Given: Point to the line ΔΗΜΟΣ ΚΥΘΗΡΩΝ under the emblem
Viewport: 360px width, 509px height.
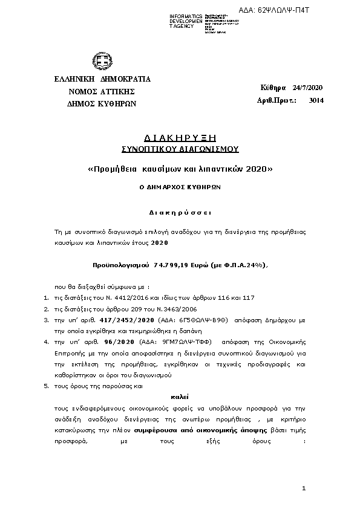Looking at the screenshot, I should tap(102, 104).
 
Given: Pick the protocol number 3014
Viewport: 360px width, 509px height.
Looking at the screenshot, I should tap(316, 100).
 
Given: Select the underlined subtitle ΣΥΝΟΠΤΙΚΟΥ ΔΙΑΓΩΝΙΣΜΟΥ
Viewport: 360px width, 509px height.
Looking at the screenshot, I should tap(180, 148).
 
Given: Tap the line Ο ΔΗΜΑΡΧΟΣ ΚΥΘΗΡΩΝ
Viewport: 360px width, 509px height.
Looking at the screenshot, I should tap(180, 187).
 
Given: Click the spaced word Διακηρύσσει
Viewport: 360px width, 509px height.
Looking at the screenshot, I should tap(180, 213).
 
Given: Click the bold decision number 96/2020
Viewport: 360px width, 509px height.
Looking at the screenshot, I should tap(119, 342).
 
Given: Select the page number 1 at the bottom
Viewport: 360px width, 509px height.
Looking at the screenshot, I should tap(304, 487).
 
